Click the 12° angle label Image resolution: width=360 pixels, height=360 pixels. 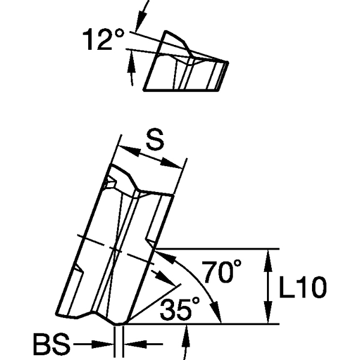click(103, 40)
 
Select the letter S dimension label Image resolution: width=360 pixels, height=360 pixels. click(154, 142)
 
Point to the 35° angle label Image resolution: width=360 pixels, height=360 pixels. click(180, 310)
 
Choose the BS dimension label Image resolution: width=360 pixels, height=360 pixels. click(50, 346)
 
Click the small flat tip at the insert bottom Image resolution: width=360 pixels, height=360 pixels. click(119, 323)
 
